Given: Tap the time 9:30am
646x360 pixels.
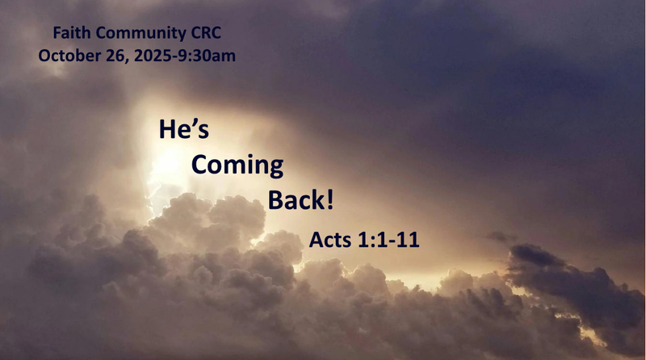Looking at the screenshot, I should point(203,57).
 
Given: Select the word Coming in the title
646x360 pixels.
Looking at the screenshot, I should point(237,165).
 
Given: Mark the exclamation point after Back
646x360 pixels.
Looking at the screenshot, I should point(329,200).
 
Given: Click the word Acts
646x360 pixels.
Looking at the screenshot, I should point(329,239).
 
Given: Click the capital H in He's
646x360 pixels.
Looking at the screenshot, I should point(167,130).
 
